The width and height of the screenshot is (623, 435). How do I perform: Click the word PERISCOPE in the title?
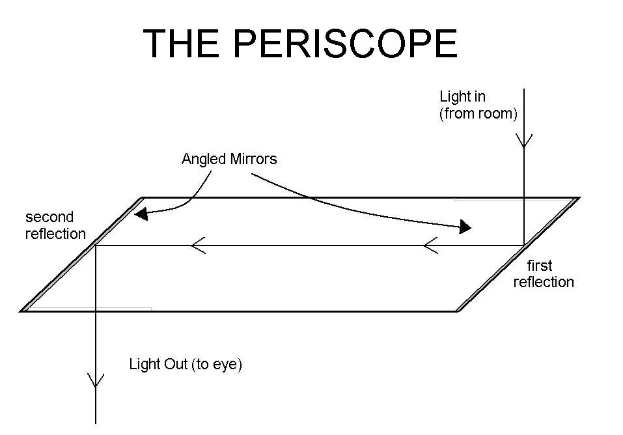click(344, 44)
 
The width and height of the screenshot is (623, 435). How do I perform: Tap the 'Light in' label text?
click(462, 97)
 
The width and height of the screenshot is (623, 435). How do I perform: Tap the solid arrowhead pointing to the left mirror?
click(139, 214)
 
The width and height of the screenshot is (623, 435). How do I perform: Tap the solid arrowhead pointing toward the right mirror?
click(465, 227)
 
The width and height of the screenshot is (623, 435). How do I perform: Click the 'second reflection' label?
click(55, 225)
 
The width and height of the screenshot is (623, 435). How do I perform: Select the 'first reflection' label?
click(543, 274)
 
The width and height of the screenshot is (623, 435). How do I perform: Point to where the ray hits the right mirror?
click(524, 245)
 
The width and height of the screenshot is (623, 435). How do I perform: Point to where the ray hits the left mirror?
click(96, 245)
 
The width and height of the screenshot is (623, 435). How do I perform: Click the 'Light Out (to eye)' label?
click(186, 365)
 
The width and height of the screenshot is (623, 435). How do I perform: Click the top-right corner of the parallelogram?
click(577, 197)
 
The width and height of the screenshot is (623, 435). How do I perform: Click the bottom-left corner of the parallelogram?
click(22, 311)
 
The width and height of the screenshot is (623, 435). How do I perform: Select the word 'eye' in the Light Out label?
click(227, 365)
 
